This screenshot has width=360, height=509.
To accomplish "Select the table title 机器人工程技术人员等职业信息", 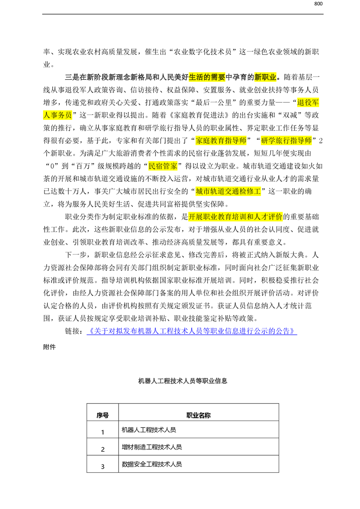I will pyautogui.click(x=182, y=381).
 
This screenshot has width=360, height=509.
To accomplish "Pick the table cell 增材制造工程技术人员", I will pyautogui.click(x=152, y=447).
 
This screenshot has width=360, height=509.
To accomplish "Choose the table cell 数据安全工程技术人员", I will pyautogui.click(x=152, y=464).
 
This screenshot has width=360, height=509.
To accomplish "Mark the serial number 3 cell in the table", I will pyautogui.click(x=103, y=466).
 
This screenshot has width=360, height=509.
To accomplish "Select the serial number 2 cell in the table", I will pyautogui.click(x=103, y=449).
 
